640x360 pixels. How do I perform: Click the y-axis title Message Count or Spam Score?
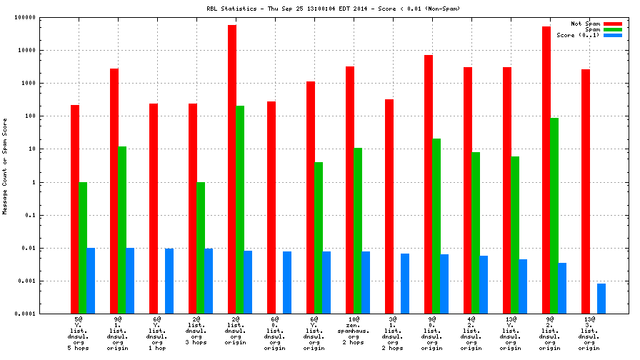pyautogui.click(x=5, y=166)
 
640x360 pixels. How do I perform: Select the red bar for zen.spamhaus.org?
pyautogui.click(x=350, y=190)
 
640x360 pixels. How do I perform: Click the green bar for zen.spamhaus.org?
pyautogui.click(x=358, y=231)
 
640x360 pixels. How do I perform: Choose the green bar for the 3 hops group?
pyautogui.click(x=201, y=248)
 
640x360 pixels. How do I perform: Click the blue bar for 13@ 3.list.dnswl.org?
pyautogui.click(x=601, y=299)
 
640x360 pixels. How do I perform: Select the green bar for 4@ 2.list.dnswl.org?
pyautogui.click(x=476, y=233)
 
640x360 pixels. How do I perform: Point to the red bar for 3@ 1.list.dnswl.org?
pyautogui.click(x=389, y=206)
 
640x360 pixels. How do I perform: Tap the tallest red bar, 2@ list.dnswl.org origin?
pyautogui.click(x=232, y=169)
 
